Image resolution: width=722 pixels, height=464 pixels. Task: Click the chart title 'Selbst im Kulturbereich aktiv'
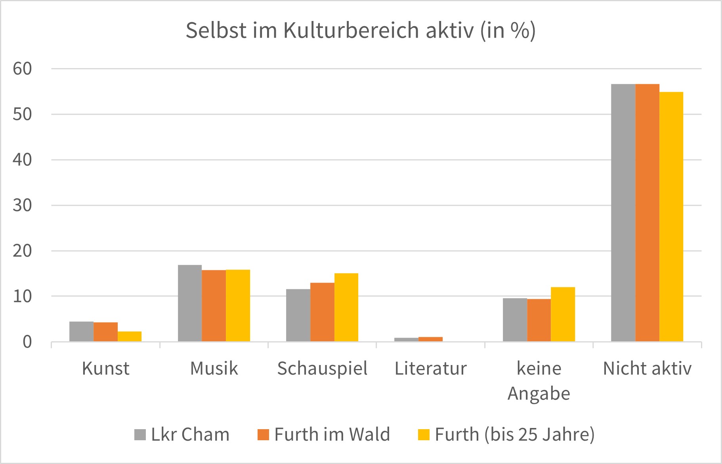pos(361,30)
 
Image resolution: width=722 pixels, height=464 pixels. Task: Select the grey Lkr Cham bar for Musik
pos(190,303)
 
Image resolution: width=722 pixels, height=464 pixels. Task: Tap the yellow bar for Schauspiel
pos(346,307)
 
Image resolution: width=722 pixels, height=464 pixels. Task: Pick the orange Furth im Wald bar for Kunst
pos(106,332)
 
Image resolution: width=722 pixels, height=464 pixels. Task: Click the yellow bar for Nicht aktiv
pos(671,217)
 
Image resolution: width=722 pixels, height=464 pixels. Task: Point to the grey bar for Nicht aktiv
pos(623,213)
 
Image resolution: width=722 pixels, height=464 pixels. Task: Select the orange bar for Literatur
pos(430,339)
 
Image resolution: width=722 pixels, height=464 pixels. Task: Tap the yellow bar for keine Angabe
pos(563,314)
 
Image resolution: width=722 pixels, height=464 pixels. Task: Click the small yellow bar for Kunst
pos(130,336)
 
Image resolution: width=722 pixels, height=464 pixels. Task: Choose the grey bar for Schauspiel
pos(298,315)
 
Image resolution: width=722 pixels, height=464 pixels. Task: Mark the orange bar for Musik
pos(214,306)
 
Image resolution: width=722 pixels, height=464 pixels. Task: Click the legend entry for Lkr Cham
pos(182,435)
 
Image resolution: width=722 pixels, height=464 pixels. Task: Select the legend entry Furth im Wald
pos(324,435)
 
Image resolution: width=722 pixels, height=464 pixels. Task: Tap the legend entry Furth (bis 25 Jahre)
pos(506,435)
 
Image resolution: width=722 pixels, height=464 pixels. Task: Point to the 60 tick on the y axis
pos(22,69)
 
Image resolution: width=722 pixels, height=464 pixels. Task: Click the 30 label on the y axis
pos(22,205)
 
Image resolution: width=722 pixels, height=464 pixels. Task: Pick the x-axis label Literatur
pos(431,369)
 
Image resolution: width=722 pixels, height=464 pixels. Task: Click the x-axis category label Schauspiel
pos(322,369)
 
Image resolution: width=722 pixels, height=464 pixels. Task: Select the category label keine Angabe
pos(539,380)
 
